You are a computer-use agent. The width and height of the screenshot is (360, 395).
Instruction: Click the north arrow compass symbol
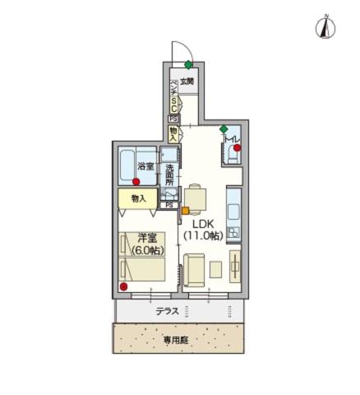tap(326, 27)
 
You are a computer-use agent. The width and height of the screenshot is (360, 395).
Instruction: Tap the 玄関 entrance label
tap(187, 81)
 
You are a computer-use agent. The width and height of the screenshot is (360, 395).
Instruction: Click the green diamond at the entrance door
tap(188, 64)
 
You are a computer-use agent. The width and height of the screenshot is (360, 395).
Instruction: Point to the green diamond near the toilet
tap(224, 129)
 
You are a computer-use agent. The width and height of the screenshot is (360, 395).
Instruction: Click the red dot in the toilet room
tap(237, 148)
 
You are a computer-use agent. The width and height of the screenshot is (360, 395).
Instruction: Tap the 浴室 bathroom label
tap(146, 167)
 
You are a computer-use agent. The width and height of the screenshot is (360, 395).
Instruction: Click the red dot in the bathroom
tap(136, 181)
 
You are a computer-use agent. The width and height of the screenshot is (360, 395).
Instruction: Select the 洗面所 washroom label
tap(168, 175)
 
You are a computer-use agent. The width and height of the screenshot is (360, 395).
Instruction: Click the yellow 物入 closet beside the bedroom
tap(138, 198)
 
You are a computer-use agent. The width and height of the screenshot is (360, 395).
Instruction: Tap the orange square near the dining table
tap(186, 211)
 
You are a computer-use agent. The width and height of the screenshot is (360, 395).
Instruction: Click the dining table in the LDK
tap(197, 197)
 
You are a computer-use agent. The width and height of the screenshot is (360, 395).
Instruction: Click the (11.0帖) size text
tap(205, 236)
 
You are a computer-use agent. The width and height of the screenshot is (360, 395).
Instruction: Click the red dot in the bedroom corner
tap(123, 286)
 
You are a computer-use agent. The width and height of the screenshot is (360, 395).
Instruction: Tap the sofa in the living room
tap(195, 269)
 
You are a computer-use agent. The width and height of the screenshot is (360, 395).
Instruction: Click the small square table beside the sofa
tap(215, 268)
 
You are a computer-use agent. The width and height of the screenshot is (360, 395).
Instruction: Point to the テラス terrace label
tap(168, 312)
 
